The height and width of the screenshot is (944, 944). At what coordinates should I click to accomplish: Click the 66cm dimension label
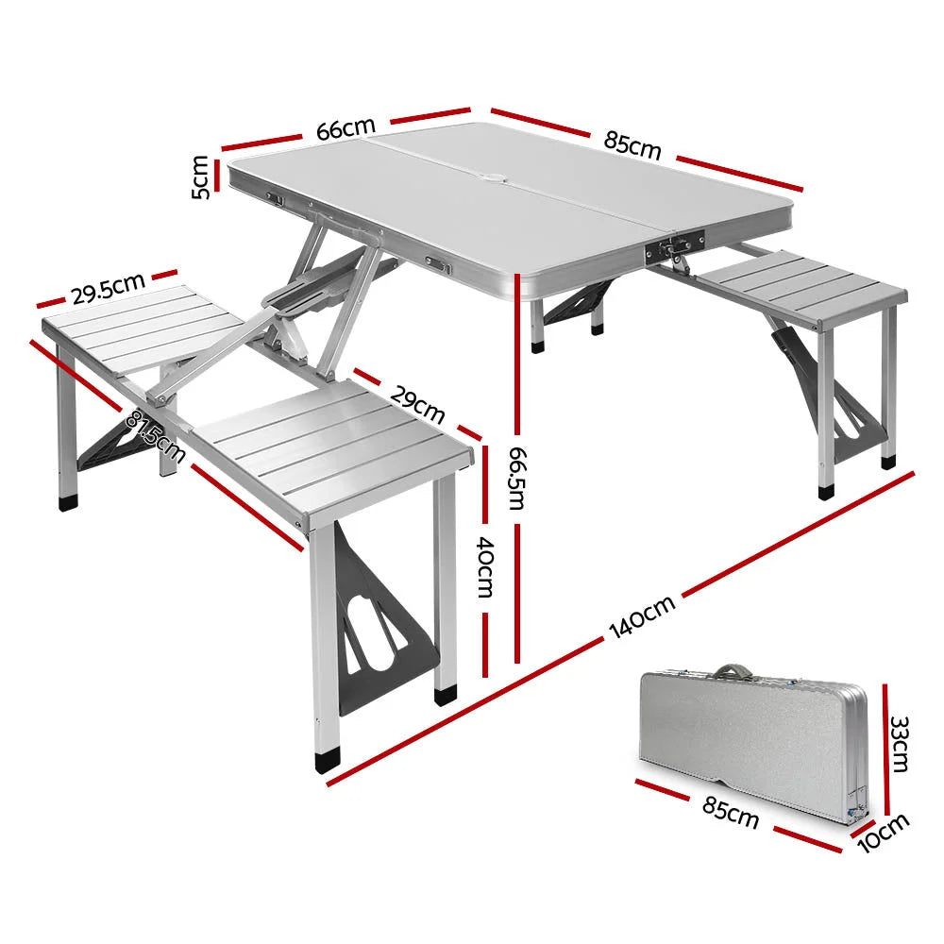[x=346, y=129]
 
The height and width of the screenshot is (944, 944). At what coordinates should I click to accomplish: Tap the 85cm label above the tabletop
[x=632, y=143]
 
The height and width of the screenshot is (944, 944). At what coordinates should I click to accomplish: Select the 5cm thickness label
[x=201, y=177]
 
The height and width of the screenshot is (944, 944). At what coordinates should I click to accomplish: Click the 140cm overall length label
[x=642, y=618]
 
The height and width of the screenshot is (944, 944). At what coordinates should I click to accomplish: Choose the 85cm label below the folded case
[x=731, y=811]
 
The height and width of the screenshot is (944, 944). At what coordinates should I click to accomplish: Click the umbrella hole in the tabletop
[x=494, y=177]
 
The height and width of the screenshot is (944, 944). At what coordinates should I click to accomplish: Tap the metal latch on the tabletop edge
[x=669, y=250]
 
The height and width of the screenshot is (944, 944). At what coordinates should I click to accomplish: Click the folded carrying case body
[x=746, y=736]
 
